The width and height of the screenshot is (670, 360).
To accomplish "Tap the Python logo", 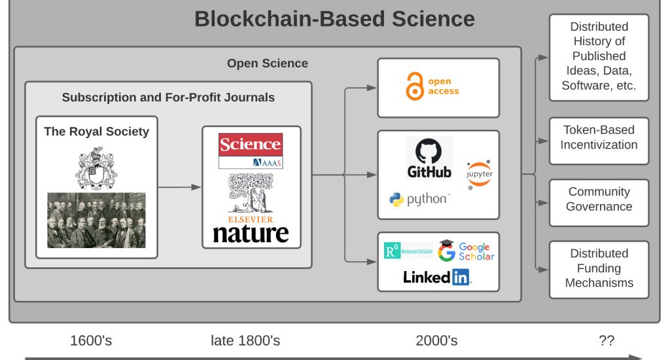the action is pos(419,199).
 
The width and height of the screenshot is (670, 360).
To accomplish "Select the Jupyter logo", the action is pos(479,175).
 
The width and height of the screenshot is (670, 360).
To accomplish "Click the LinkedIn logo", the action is pos(437,277).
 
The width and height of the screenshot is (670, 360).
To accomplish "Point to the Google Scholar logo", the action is pos(466,251).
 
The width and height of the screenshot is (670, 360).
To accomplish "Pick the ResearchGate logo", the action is pos(408,251).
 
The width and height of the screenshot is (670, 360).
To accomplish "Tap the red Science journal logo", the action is pos(251,151).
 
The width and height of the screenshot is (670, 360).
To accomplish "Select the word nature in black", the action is pos(251,234).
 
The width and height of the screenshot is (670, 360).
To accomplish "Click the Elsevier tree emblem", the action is pos(251,193).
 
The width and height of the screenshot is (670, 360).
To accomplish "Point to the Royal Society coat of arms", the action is pos(96,168).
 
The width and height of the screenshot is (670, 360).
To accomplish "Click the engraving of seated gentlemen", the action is pos(96,220).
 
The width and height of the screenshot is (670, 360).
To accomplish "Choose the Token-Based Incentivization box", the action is pos(599,141).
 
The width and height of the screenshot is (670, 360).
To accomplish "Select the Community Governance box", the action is pos(599,203).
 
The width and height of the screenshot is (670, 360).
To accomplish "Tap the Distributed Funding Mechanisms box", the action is pos(599,270).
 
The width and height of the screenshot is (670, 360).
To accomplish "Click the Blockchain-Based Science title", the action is pos(334,19).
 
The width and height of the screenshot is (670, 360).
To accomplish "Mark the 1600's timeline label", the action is pos(91,341).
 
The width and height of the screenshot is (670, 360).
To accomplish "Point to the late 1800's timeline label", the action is pos(245,341).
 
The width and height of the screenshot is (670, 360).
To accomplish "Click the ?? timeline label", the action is pos(607,341).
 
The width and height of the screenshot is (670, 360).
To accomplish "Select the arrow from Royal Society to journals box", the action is pos(179,187).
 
